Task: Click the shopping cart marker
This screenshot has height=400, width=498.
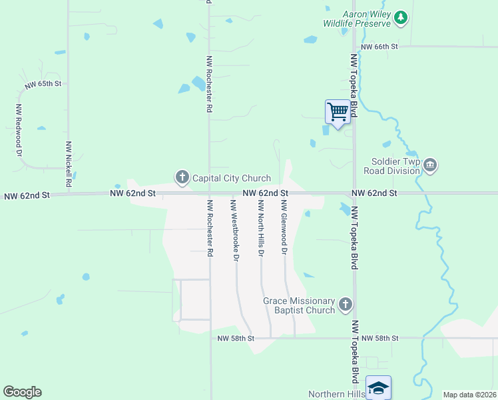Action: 338,111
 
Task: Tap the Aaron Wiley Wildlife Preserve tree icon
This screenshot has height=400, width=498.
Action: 400,18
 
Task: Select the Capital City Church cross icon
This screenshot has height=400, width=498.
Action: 182,177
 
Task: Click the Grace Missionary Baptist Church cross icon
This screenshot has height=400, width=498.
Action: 345,305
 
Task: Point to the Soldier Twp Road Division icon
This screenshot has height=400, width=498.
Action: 429,165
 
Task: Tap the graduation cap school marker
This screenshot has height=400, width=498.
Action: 377,387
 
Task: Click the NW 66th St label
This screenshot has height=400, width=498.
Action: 379,47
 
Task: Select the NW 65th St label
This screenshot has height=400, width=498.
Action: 43,85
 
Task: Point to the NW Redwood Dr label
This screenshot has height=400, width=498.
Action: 19,130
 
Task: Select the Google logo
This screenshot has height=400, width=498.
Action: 22,392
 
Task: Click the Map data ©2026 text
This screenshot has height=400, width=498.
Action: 469,395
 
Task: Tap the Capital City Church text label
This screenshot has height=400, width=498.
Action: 231,178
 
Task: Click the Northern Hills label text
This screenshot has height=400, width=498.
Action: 336,394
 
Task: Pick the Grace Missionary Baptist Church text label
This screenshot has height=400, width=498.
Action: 299,305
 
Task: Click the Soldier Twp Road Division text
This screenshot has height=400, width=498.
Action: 392,166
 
